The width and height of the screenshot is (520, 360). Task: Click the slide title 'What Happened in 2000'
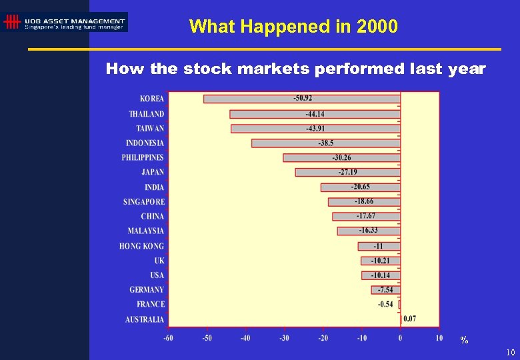[x=293, y=27]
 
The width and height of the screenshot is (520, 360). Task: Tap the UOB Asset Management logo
[x=65, y=22]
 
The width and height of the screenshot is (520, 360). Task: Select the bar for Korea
[x=301, y=99]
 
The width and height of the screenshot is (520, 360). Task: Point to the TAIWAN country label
[x=150, y=129]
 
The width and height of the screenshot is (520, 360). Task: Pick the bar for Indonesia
[x=325, y=143]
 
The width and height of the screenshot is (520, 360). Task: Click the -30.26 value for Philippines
[x=341, y=158]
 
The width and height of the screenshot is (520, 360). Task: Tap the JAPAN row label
[x=153, y=173]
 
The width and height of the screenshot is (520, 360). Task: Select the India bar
[x=360, y=187]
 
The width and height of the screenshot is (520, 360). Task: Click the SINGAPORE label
[x=144, y=202]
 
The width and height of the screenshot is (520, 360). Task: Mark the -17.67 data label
[x=365, y=216]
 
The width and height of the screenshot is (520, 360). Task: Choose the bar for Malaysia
[x=368, y=231]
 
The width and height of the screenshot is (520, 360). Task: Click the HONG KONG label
[x=141, y=246]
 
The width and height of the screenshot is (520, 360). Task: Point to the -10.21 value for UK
[x=381, y=261]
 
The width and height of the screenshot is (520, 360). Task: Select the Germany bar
[x=385, y=290]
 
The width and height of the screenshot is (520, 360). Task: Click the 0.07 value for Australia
[x=409, y=319]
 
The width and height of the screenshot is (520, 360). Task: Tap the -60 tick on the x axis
[x=168, y=338]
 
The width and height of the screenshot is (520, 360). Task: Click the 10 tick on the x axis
[x=439, y=338]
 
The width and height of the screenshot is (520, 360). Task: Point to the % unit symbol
[x=464, y=341]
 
